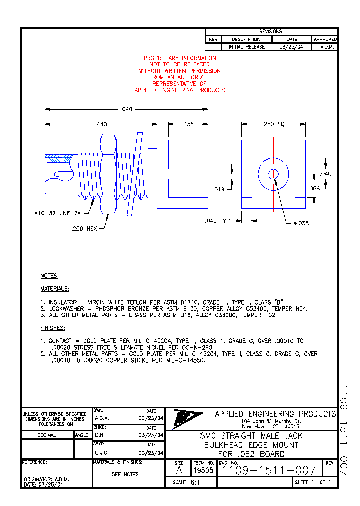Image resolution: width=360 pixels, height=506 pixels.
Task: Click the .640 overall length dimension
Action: (127, 109)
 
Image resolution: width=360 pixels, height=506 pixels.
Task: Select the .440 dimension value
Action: (101, 124)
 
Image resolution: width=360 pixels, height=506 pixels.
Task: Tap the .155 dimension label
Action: (187, 124)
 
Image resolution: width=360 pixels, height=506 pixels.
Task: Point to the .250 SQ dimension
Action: (273, 124)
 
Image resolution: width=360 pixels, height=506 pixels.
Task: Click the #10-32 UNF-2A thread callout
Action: (57, 213)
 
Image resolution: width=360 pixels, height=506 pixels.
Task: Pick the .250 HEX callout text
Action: (86, 228)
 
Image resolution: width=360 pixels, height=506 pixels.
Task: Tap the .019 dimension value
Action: (219, 189)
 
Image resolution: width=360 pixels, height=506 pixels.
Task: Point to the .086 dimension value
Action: (314, 189)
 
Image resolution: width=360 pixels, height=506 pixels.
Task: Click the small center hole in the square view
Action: (273, 174)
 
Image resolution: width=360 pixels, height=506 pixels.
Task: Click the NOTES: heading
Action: (50, 276)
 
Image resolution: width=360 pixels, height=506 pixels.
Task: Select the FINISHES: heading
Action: (53, 328)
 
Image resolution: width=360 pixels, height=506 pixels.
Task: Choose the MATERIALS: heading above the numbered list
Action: (55, 289)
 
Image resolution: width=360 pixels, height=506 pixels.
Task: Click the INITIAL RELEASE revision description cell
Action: (247, 47)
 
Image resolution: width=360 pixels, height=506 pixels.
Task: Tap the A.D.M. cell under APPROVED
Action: (325, 47)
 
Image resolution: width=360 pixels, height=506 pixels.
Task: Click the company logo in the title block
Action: (187, 419)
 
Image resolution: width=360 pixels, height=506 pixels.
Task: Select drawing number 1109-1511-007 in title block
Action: (269, 470)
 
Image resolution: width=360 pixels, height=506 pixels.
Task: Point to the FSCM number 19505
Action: (203, 470)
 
